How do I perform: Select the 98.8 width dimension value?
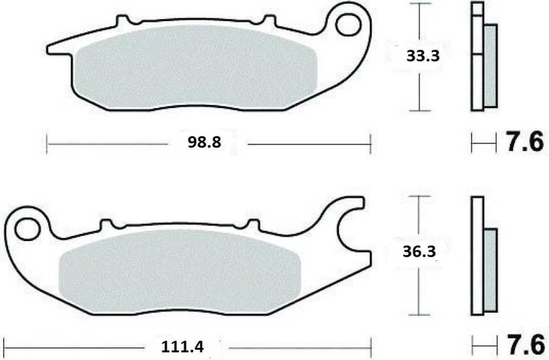(x=205, y=142)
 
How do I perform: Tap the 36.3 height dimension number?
(x=420, y=252)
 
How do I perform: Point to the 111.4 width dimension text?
(x=183, y=347)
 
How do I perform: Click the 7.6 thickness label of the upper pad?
(x=525, y=142)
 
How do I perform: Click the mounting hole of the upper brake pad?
(x=348, y=25)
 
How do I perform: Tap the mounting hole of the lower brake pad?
(x=27, y=229)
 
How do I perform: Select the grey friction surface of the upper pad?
(x=196, y=66)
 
